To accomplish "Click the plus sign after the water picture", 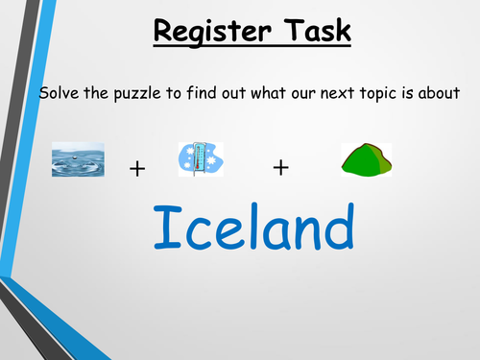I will (137, 169).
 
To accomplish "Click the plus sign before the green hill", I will (280, 168).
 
